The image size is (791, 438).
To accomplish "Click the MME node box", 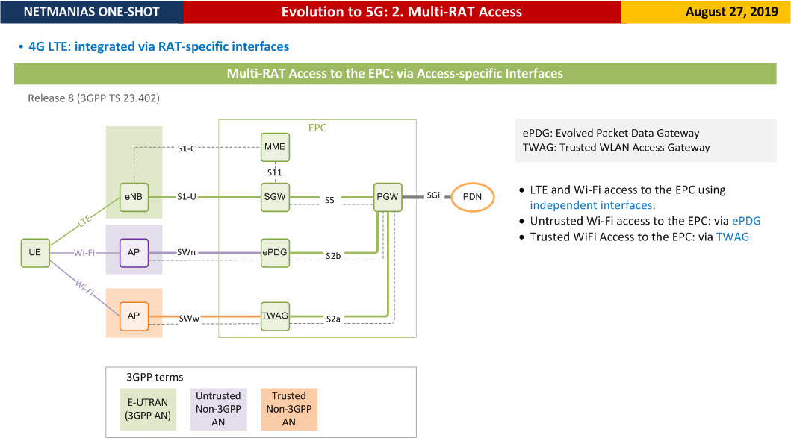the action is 275,147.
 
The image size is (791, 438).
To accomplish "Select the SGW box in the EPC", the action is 275,197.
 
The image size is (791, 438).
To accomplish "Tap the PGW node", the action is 388,197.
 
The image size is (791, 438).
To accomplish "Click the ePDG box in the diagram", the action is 275,252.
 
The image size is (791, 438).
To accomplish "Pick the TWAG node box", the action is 275,316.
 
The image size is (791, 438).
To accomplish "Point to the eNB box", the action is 134,197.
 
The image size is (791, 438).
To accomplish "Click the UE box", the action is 35,252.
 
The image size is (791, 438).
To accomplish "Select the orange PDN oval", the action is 472,197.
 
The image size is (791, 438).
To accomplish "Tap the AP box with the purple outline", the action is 134,252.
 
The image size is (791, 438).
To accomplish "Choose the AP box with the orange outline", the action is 134,316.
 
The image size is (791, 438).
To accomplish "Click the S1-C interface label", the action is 186,148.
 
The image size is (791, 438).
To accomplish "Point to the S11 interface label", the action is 274,172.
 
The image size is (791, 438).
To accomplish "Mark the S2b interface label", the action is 333,256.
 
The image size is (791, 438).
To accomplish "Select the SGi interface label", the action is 433,195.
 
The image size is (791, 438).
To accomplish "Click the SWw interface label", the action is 189,319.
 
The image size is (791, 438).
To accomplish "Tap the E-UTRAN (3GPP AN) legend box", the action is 148,409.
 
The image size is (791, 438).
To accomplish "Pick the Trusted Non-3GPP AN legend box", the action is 289,409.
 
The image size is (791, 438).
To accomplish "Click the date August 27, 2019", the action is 731,12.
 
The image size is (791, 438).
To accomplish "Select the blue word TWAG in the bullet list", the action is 733,237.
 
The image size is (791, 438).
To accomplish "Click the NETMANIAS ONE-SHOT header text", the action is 91,12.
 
